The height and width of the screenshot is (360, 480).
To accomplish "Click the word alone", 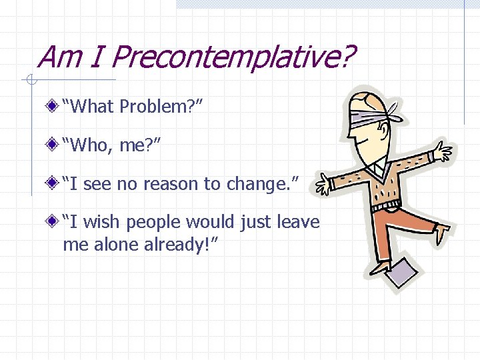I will tap(115, 244).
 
